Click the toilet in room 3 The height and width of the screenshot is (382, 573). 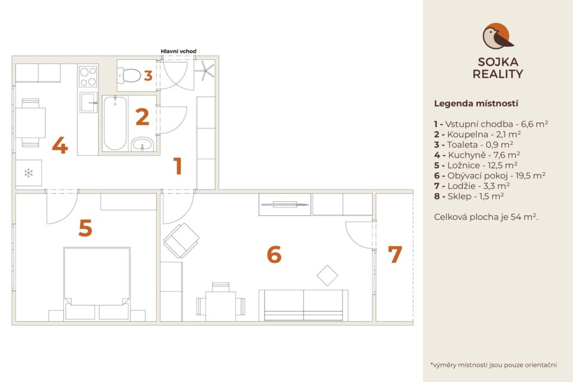(x=129, y=76)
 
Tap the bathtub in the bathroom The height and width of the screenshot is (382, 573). (x=115, y=123)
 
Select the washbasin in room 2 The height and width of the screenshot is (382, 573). (x=143, y=144)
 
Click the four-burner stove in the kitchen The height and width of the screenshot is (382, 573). (x=88, y=76)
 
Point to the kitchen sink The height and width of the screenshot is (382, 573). (x=88, y=102)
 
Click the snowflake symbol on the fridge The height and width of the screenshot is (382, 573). (x=29, y=173)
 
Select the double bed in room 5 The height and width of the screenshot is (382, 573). (x=97, y=284)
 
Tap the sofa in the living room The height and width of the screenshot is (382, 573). (x=303, y=305)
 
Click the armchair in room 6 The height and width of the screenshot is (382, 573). (x=181, y=240)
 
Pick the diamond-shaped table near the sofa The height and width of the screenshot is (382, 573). (x=327, y=275)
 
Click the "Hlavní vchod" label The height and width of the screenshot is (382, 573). (x=179, y=51)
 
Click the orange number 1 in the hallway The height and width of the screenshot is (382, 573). (x=178, y=166)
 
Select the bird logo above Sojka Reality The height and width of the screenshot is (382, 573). (x=497, y=36)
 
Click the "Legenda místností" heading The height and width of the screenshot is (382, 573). (x=476, y=103)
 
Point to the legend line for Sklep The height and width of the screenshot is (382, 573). (x=469, y=196)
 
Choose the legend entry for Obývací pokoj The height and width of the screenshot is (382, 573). (x=490, y=176)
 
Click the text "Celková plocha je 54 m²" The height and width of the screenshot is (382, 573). (x=486, y=217)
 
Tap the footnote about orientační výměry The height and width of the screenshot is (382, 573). (x=494, y=365)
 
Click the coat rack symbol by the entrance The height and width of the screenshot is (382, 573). (x=204, y=70)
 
